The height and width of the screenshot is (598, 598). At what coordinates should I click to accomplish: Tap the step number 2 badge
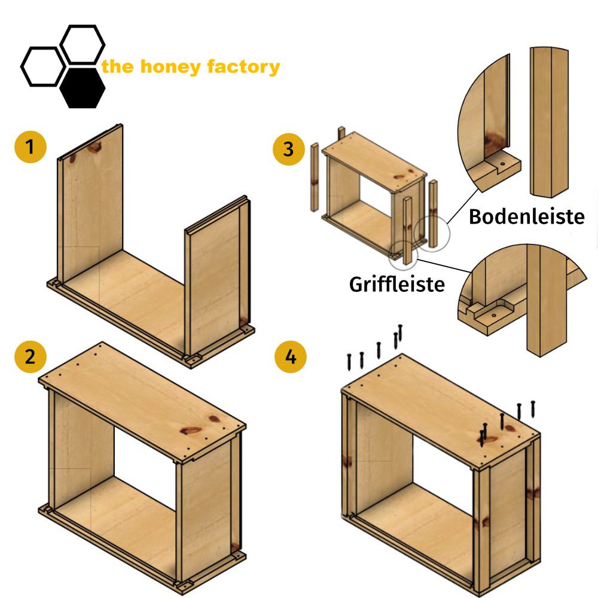[x=30, y=357]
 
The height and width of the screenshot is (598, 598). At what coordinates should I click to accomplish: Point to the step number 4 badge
[x=290, y=357]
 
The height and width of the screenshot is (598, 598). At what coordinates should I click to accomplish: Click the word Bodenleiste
[x=526, y=216]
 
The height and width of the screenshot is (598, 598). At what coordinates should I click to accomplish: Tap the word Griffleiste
[x=397, y=283]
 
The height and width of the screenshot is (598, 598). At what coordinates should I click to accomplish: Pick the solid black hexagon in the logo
[x=83, y=87]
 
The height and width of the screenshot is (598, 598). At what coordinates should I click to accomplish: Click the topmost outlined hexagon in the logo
[x=83, y=44]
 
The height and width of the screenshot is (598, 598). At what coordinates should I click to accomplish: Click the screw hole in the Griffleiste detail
[x=494, y=313]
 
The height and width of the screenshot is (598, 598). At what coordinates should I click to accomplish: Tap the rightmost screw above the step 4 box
[x=532, y=409]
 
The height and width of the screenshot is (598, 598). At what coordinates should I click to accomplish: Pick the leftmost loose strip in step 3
[x=314, y=177]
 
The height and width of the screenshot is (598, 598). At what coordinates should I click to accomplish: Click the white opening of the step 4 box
[x=443, y=466]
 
